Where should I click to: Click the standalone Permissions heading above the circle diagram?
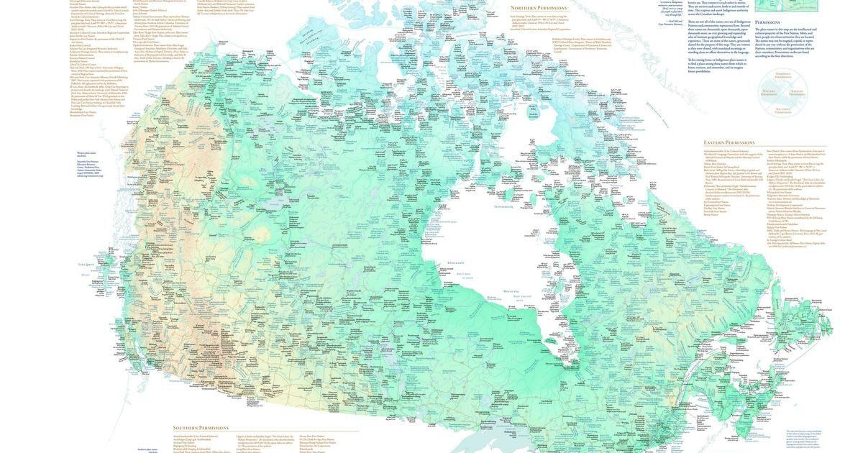767,22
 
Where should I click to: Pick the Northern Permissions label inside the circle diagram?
782,74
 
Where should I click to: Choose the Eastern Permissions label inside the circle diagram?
796,92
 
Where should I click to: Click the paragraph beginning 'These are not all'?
718,37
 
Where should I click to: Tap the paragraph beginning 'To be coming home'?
717,65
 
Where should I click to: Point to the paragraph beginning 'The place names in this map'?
785,42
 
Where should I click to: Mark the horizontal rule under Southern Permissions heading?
266,432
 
